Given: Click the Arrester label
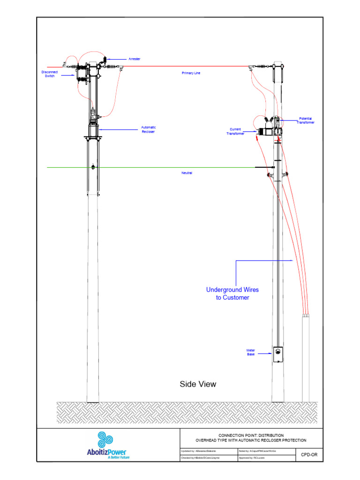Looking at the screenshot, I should point(135,59).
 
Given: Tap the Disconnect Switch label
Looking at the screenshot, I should point(50,74).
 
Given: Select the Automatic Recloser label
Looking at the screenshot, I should point(148,129).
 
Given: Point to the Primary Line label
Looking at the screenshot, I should point(191,73).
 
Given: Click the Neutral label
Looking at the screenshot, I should point(187,173).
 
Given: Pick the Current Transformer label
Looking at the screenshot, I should point(235,132).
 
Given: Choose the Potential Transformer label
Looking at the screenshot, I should point(305,120).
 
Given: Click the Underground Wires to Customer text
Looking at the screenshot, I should point(232,293).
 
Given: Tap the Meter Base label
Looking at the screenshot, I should point(251,352).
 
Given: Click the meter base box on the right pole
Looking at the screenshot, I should point(278,355).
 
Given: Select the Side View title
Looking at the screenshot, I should point(198,384).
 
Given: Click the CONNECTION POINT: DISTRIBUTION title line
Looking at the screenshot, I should point(251,435).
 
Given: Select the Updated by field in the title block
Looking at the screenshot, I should point(199,450).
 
